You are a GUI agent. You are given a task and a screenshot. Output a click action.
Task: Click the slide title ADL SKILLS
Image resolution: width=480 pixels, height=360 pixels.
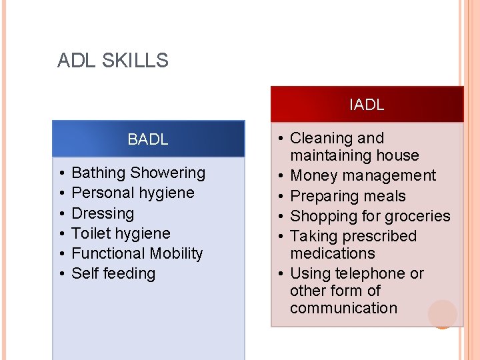pos(113,61)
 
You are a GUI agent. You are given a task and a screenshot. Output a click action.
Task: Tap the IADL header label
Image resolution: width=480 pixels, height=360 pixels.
pos(367,105)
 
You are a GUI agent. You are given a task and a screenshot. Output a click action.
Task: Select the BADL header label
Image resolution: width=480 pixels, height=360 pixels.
pos(148,139)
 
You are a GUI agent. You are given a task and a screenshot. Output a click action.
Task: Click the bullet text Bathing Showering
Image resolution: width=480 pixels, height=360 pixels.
pos(138,173)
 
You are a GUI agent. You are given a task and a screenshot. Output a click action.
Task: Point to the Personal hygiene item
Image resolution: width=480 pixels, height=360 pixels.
pos(133,193)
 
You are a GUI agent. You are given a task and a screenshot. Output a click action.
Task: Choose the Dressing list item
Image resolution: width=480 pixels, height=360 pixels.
pos(103,213)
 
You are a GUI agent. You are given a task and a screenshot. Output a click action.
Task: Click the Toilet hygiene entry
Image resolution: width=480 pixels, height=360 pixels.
pos(121,233)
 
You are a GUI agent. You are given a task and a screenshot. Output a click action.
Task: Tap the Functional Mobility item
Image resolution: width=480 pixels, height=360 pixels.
pos(137,253)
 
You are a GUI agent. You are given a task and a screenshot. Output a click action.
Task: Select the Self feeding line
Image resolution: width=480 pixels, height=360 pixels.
pos(113,273)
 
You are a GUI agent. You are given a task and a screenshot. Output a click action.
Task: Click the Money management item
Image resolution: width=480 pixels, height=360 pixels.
pos(363,176)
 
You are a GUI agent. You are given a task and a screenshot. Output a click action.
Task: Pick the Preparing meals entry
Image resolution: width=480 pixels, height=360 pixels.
pos(348,196)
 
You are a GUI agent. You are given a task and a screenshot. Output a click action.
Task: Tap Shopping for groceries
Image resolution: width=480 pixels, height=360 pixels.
pos(370,216)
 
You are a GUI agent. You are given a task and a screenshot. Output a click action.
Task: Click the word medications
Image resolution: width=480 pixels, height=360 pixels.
pos(333,253)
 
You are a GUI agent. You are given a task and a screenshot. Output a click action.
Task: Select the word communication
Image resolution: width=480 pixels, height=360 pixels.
pos(343,308)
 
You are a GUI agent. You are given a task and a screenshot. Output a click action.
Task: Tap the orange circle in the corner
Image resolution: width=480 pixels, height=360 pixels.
pos(443,314)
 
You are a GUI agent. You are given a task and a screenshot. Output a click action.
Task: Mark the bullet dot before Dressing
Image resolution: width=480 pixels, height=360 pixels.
pos(61,213)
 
